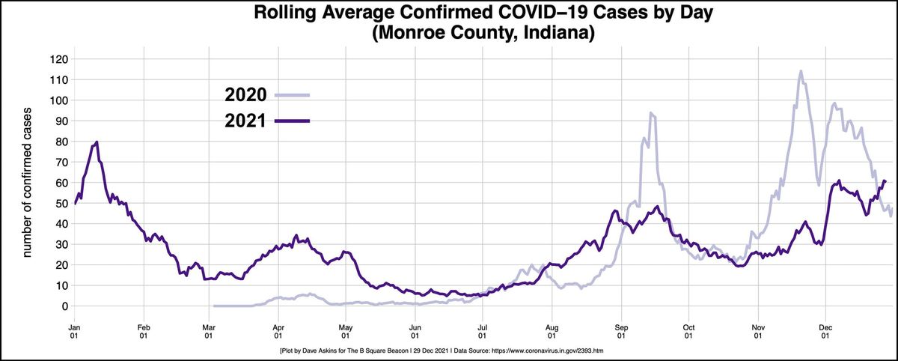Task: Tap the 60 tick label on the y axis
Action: coord(61,183)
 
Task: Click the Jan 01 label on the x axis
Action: coord(75,331)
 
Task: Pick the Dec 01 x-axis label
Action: coord(825,331)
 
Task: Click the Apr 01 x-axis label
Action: coord(278,331)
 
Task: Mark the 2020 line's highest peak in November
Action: coord(801,71)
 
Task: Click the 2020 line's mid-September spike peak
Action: coord(651,113)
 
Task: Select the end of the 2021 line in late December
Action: coord(885,180)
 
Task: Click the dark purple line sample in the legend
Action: coord(293,120)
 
